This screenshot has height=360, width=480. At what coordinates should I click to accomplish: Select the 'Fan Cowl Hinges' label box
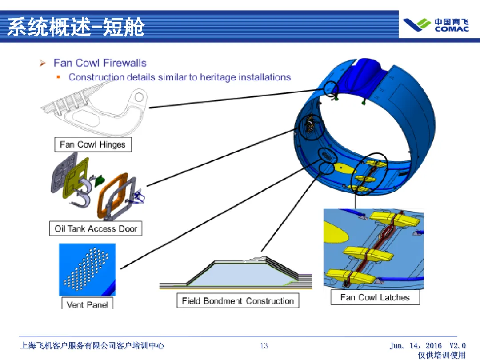[x=92, y=144]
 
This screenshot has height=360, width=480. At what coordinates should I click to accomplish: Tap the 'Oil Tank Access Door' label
[x=95, y=229]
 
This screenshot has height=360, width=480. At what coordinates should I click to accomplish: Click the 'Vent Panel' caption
[x=87, y=304]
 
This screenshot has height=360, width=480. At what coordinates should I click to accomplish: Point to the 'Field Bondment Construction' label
[x=238, y=301]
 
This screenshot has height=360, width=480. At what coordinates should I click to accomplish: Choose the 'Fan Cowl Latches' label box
[x=375, y=297]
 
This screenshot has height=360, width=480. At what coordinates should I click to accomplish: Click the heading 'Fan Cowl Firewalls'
[x=100, y=63]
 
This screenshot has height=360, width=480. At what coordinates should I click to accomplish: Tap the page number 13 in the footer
[x=264, y=345]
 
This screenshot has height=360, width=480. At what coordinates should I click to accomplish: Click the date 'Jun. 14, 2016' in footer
[x=416, y=346]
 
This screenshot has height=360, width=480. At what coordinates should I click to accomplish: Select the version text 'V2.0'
[x=457, y=346]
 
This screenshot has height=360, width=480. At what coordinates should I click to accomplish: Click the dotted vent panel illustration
[x=87, y=269]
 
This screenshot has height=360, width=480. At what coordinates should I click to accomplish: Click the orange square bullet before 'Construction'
[x=58, y=77]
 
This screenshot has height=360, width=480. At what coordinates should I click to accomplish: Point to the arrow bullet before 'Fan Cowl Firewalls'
[x=43, y=63]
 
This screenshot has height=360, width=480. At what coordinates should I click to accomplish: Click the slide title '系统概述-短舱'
[x=76, y=27]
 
